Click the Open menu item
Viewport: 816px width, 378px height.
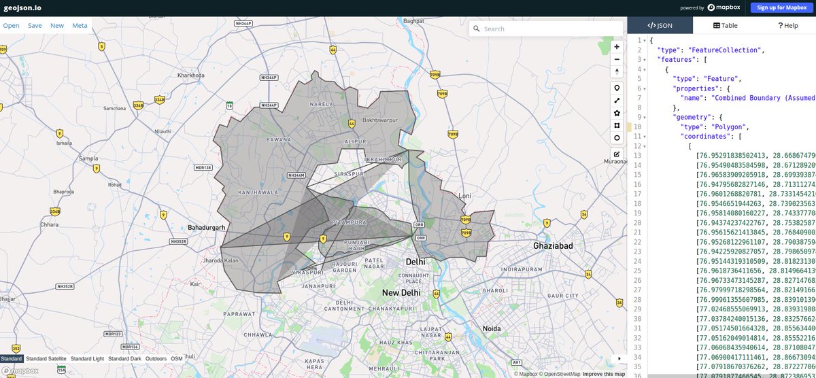(x=11, y=25)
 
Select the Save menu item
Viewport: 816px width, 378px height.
(x=35, y=25)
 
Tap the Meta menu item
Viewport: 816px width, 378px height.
(x=80, y=25)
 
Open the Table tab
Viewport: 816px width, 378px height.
(x=725, y=25)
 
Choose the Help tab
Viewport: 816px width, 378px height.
(x=787, y=25)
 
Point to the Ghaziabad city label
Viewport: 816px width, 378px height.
(x=555, y=245)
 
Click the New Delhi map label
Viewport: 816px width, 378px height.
(x=401, y=292)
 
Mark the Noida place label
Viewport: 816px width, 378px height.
(x=491, y=328)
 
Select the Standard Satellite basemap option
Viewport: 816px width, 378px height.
(x=46, y=358)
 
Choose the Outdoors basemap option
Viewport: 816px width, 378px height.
(x=156, y=358)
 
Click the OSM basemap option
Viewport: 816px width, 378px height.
(x=177, y=358)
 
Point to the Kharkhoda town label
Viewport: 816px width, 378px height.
(x=190, y=75)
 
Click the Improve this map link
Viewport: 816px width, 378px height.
(x=603, y=373)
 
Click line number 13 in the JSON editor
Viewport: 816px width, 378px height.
(x=638, y=155)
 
